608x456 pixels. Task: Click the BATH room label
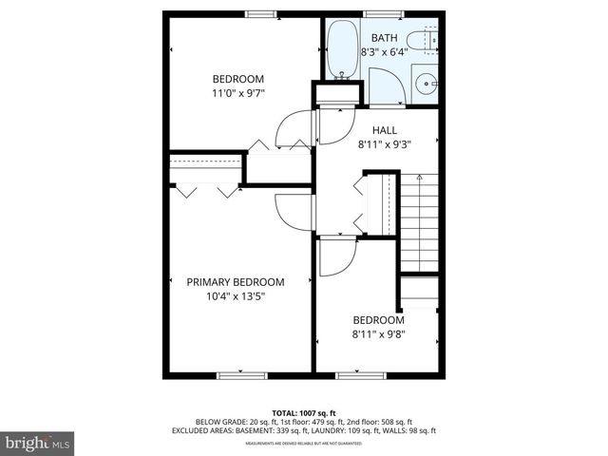[385, 39]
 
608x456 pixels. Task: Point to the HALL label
[385, 130]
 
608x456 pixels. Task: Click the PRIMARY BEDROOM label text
[236, 282]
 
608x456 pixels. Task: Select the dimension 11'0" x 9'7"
[237, 93]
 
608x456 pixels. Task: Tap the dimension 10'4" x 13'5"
[236, 296]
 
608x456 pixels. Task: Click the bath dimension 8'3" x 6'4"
[385, 53]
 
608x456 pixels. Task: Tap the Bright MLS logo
[38, 442]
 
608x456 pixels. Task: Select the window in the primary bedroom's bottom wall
[238, 374]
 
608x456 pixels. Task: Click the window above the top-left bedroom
[259, 13]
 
